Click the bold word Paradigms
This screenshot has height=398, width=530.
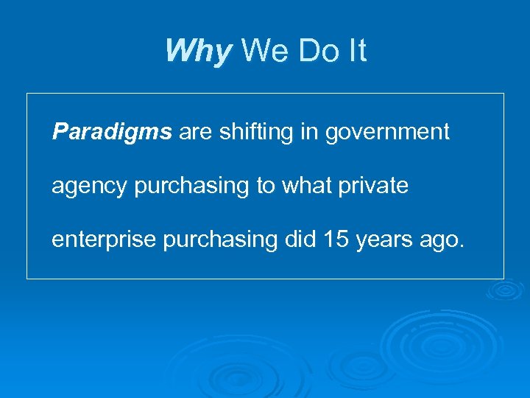point(112,133)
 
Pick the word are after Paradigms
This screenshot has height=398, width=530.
point(195,133)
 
